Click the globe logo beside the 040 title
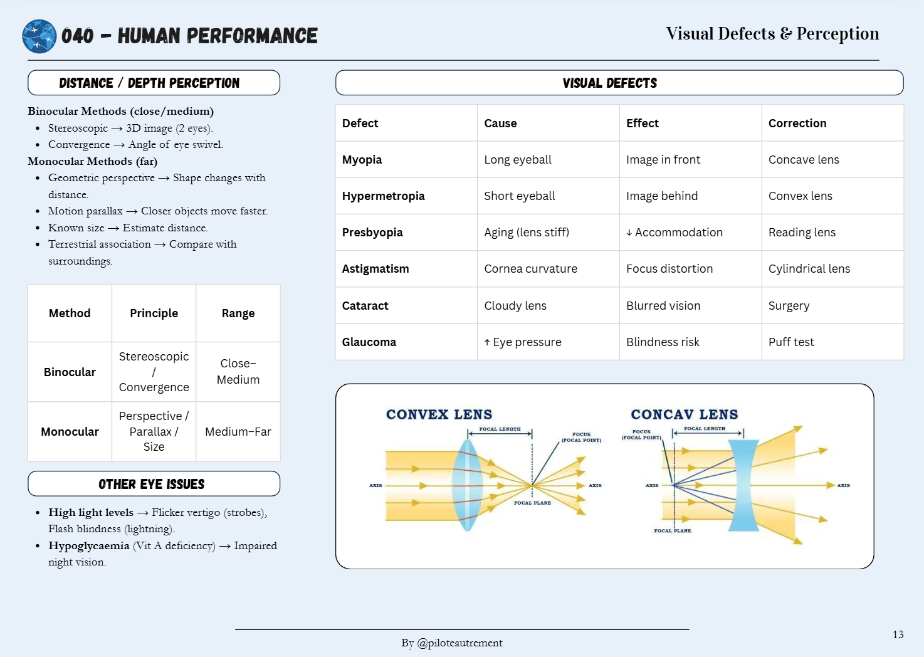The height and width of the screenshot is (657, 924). tap(39, 36)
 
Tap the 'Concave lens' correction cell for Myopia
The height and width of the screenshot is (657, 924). tap(804, 160)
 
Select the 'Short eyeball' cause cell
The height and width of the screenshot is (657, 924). tap(519, 196)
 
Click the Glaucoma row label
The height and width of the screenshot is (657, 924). tap(369, 342)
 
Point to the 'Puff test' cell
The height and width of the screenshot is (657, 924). tap(791, 342)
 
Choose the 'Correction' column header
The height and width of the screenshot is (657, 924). tap(797, 124)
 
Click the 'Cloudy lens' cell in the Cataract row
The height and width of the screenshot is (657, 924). tap(515, 306)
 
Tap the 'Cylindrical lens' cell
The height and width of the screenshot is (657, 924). tap(809, 269)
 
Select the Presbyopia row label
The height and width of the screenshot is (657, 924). tap(372, 233)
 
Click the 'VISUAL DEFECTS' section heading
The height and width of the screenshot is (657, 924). tap(609, 83)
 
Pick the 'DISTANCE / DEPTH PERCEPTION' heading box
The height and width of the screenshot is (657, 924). tap(154, 83)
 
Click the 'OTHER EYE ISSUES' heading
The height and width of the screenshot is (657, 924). tap(152, 484)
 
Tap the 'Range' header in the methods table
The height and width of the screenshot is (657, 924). tap(238, 313)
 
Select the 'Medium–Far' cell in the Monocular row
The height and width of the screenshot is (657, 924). tap(238, 432)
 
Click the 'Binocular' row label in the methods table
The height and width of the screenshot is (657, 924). tap(70, 372)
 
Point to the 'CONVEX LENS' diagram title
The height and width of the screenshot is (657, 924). tap(439, 414)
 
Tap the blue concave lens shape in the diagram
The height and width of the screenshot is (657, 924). tap(743, 485)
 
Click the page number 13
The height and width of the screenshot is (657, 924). tap(898, 635)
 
